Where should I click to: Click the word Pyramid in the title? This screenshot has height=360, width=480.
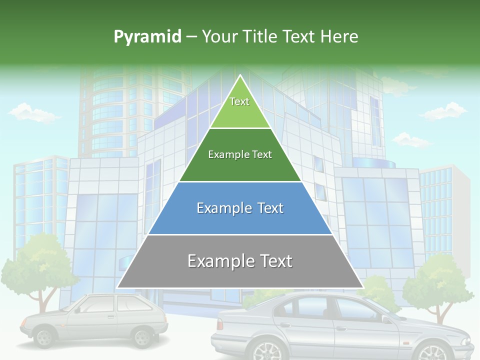tap(147, 37)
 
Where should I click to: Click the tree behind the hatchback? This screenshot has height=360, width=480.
tap(37, 265)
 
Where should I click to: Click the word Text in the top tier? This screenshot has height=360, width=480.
tap(239, 101)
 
